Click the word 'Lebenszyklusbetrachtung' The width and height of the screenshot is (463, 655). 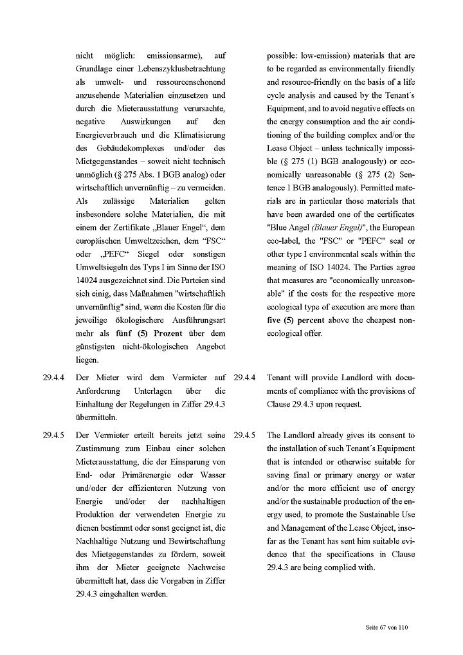180,69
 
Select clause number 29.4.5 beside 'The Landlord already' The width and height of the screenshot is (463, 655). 244,435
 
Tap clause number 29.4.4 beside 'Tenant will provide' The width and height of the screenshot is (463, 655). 244,378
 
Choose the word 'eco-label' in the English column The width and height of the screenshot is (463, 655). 283,241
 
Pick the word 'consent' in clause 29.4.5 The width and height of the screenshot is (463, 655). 392,435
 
